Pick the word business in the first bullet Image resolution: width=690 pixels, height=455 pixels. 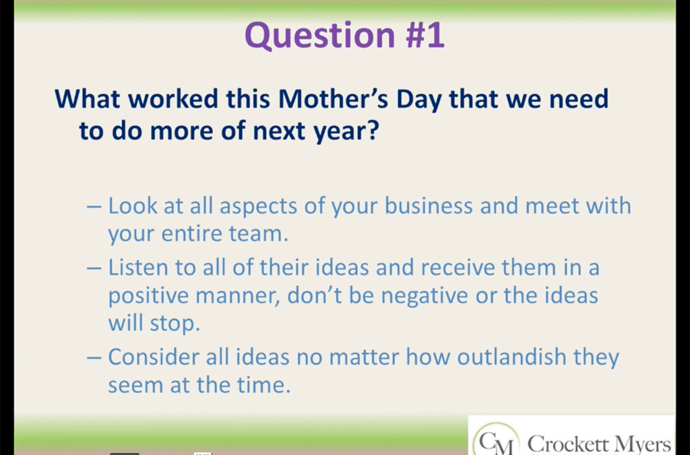click(x=428, y=206)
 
